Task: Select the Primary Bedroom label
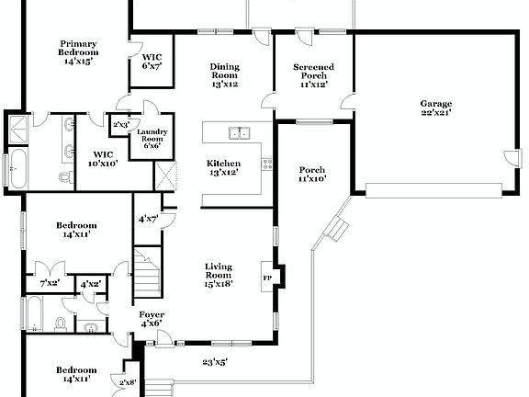(79, 52)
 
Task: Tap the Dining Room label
(224, 75)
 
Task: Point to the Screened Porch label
(313, 75)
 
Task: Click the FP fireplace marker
(268, 277)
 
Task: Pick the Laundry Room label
(152, 139)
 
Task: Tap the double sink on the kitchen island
(239, 133)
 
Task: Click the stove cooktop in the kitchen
(267, 165)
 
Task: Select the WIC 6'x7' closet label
(152, 62)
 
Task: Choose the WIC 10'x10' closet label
(103, 158)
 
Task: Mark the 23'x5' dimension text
(214, 361)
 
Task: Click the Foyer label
(151, 318)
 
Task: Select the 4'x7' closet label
(147, 219)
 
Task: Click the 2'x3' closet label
(121, 124)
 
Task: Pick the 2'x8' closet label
(127, 381)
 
